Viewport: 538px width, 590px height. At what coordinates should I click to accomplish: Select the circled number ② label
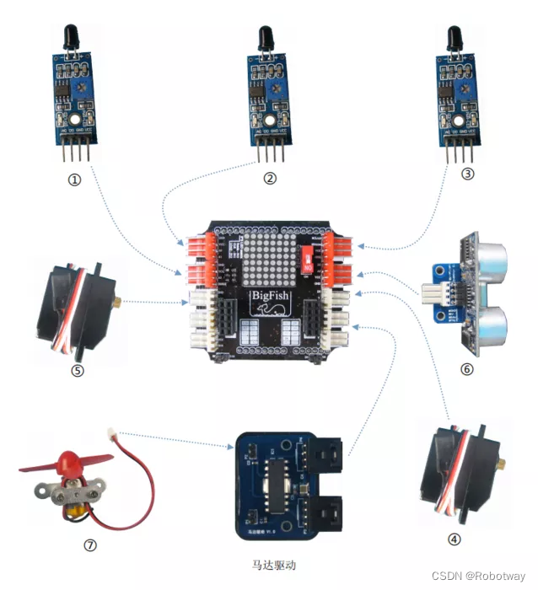(x=269, y=178)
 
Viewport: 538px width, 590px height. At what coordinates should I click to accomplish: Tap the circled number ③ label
(x=468, y=175)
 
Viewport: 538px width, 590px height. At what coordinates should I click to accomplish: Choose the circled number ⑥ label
(x=467, y=368)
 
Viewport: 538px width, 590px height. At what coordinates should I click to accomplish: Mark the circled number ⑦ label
(x=90, y=544)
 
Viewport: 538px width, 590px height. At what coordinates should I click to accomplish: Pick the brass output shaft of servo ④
(x=498, y=464)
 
